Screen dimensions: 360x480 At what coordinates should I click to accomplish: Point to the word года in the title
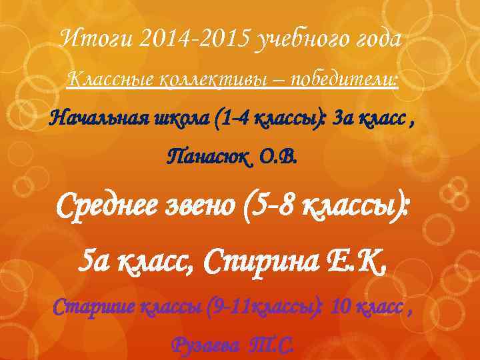click(x=377, y=40)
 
